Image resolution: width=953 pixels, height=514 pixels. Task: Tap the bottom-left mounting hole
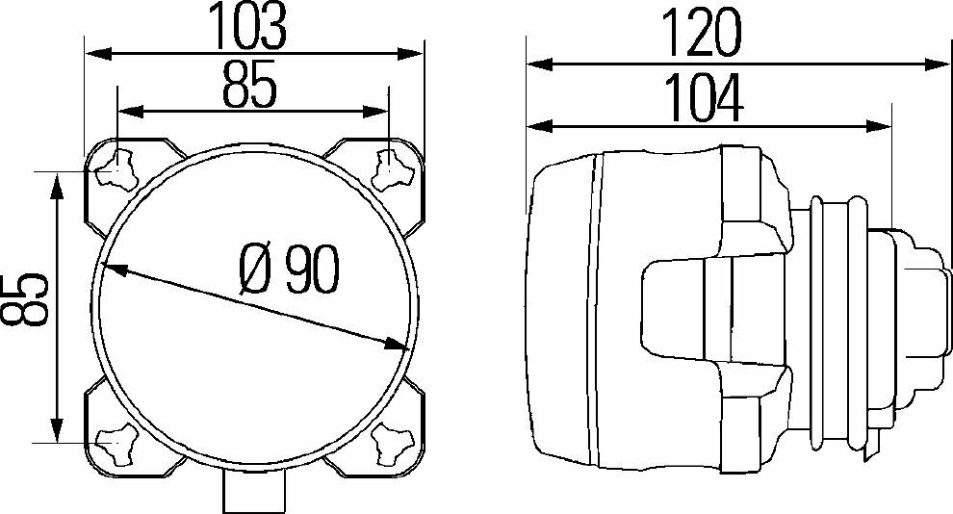click(x=116, y=443)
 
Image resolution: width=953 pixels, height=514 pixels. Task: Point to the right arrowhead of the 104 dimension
click(x=876, y=125)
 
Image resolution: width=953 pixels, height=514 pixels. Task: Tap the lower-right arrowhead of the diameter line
click(x=396, y=344)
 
